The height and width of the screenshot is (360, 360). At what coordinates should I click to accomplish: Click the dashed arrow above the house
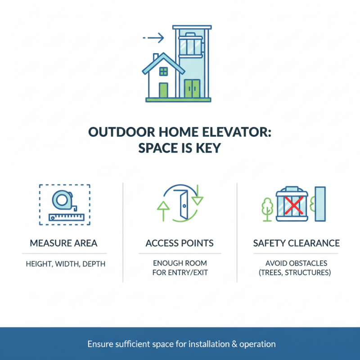tap(153, 38)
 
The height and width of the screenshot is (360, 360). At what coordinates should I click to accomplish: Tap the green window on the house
tap(163, 71)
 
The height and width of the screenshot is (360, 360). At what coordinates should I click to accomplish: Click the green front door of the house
tap(163, 90)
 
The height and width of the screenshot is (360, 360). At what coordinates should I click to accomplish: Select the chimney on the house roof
tap(156, 58)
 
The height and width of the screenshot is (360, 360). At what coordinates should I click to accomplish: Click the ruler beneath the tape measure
tap(67, 216)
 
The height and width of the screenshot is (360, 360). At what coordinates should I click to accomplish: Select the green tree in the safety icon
tap(267, 208)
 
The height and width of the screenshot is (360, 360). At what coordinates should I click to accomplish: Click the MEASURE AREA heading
tap(63, 243)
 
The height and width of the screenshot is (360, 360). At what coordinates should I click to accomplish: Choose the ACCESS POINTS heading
tap(180, 243)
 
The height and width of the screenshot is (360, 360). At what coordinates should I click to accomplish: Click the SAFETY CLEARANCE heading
tap(296, 243)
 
